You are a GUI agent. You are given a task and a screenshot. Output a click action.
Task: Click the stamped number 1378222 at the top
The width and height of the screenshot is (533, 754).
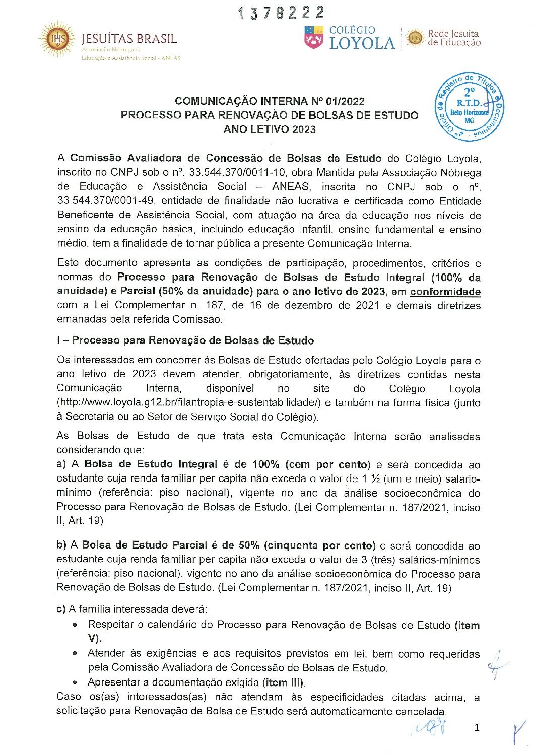[x=281, y=13]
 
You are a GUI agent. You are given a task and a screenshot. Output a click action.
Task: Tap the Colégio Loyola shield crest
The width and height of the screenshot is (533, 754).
[x=313, y=38]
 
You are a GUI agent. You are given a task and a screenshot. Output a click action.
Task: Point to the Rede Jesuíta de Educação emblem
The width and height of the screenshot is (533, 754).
[x=415, y=38]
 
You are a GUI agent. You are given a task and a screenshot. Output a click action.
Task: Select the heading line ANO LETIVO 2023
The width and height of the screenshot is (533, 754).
[x=270, y=129]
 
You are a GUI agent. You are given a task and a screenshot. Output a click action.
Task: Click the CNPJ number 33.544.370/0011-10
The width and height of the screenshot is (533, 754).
[x=237, y=173]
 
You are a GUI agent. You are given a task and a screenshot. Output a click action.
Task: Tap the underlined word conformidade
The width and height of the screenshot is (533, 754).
[x=445, y=292]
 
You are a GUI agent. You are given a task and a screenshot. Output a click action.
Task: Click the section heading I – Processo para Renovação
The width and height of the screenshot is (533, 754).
[x=185, y=340]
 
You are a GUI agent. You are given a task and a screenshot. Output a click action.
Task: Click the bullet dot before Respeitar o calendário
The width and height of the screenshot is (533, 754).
[x=75, y=625]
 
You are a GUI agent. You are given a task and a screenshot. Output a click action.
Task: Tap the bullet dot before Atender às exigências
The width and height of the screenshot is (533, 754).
[x=75, y=654]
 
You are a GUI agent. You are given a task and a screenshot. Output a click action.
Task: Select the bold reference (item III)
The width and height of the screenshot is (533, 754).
[x=283, y=683]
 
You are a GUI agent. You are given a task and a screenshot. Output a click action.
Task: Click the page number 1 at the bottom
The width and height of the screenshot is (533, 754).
[x=477, y=727]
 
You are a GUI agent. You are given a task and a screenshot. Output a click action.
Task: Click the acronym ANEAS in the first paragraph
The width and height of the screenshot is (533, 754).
[x=291, y=187]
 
